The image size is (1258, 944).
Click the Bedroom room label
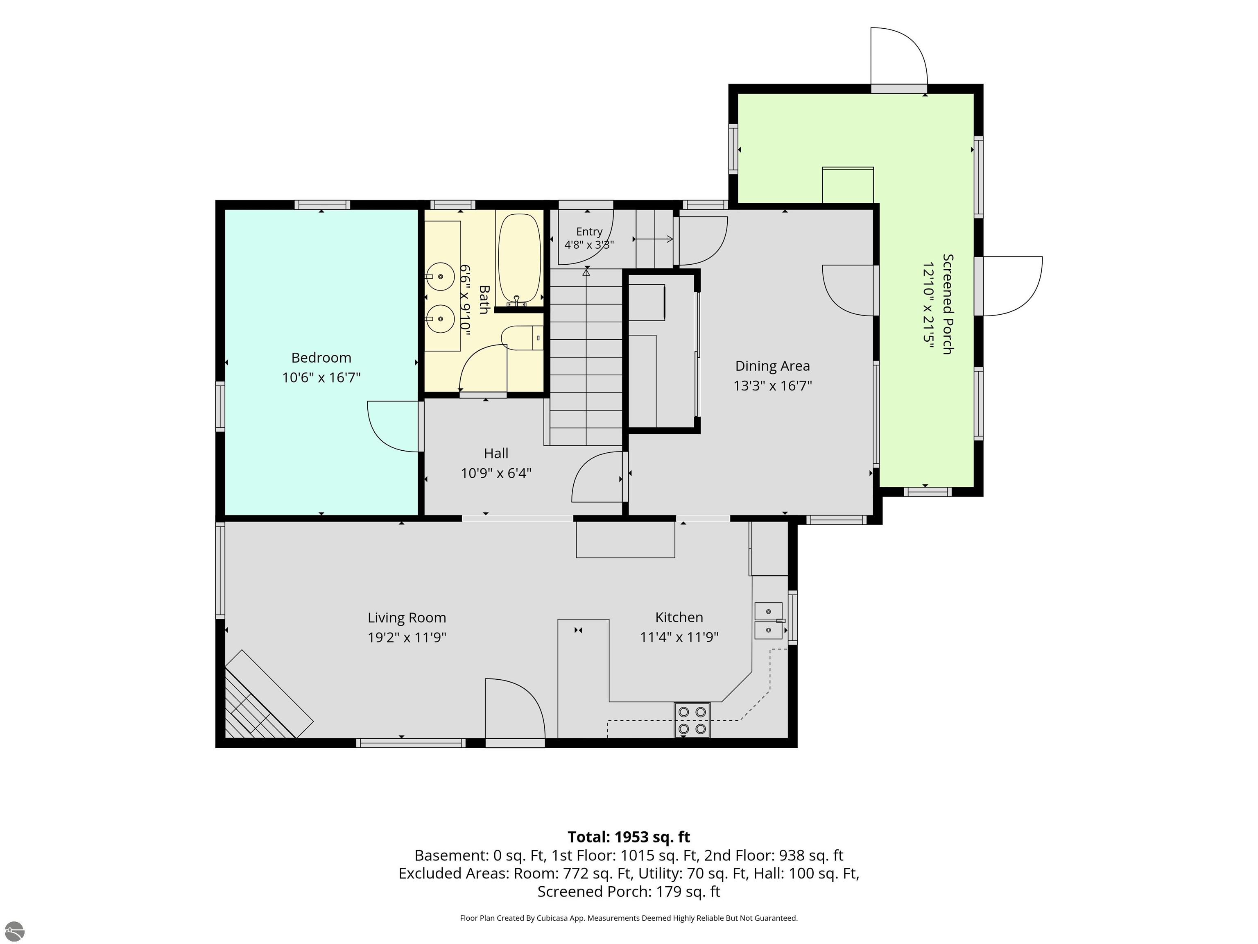321,358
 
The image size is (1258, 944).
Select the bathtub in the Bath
519,259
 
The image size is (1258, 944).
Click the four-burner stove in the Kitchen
692,720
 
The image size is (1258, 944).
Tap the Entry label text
589,231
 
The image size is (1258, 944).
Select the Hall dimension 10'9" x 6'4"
496,473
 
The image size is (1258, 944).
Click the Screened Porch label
948,304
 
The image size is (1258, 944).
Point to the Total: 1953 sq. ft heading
629,837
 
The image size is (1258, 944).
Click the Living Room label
407,618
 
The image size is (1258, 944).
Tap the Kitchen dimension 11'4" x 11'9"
679,637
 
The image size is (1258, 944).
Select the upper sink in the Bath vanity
440,277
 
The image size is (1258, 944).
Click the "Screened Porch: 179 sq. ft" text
629,892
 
